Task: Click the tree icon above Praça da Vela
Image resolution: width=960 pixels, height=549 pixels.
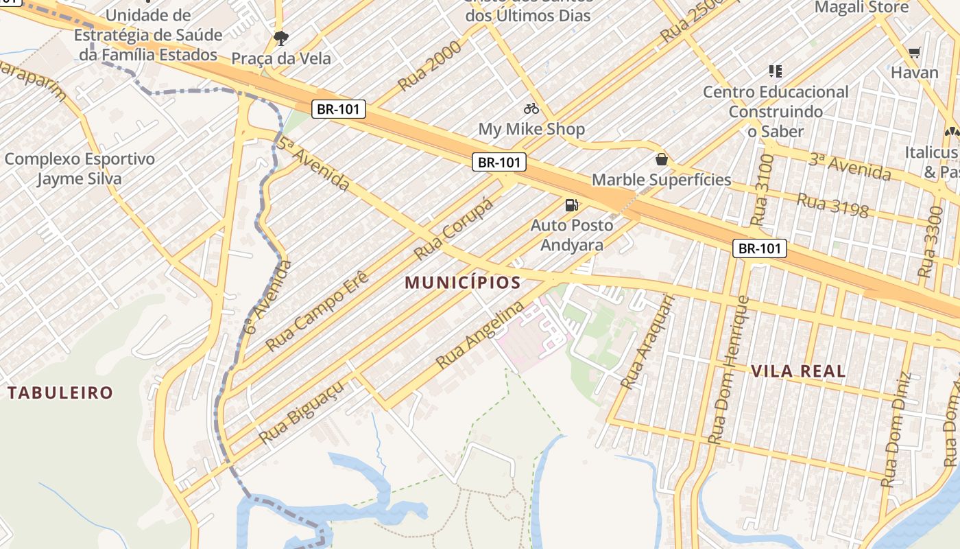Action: (x=280, y=37)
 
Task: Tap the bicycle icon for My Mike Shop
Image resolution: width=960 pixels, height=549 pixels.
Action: (x=531, y=108)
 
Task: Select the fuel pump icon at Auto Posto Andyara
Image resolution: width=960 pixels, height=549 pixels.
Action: (x=571, y=205)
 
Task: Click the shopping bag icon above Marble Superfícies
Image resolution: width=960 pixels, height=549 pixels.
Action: (x=662, y=159)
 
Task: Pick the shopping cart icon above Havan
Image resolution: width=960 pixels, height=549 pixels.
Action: (x=915, y=52)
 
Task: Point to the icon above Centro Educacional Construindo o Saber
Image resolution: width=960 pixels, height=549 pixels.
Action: (x=776, y=71)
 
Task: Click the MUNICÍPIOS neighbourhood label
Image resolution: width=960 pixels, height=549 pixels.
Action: (x=462, y=282)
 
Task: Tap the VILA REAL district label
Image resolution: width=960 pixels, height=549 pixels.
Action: (x=798, y=371)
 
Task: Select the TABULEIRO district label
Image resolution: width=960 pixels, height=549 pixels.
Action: (x=60, y=393)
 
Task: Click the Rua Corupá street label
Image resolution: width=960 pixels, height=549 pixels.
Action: (x=454, y=229)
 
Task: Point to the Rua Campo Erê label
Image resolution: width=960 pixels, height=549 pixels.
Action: (x=317, y=311)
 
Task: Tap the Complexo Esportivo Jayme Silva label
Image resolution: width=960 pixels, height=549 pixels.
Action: (x=80, y=169)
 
